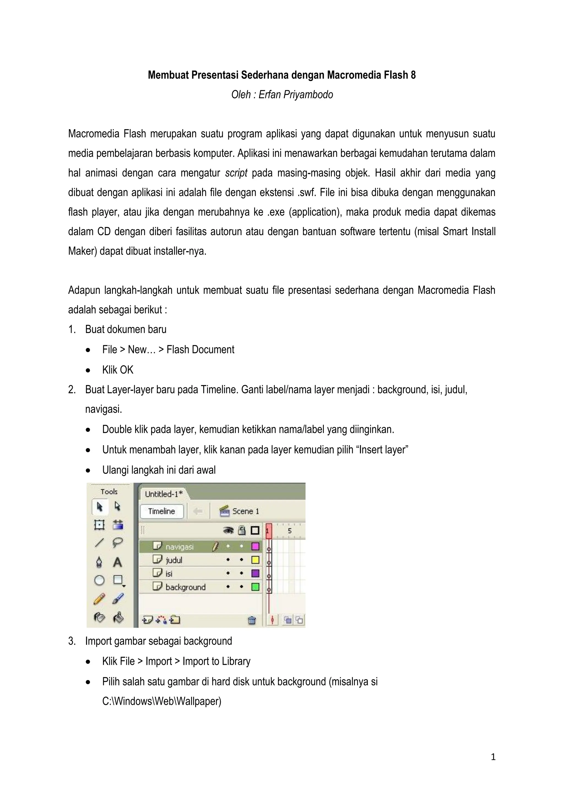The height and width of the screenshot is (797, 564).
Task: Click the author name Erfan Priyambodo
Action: pyautogui.click(x=295, y=94)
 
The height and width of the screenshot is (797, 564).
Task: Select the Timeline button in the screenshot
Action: pyautogui.click(x=161, y=511)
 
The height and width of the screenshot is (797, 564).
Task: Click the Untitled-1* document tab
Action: pyautogui.click(x=164, y=494)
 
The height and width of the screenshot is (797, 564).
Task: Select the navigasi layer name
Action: pyautogui.click(x=179, y=547)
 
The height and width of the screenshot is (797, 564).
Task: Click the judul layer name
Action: pyautogui.click(x=174, y=560)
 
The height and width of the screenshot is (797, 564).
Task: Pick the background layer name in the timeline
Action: pyautogui.click(x=185, y=587)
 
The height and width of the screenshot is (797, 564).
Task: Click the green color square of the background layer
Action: pyautogui.click(x=255, y=587)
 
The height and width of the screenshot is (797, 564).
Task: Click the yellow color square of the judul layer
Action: pyautogui.click(x=255, y=560)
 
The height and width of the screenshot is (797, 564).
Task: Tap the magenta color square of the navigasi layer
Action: pyautogui.click(x=255, y=546)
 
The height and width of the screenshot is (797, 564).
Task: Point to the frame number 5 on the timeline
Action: pyautogui.click(x=290, y=531)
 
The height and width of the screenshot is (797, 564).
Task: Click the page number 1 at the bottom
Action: pyautogui.click(x=493, y=757)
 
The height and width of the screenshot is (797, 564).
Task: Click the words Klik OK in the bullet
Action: pyautogui.click(x=118, y=370)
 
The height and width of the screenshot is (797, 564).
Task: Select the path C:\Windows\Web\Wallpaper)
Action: pyautogui.click(x=161, y=701)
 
